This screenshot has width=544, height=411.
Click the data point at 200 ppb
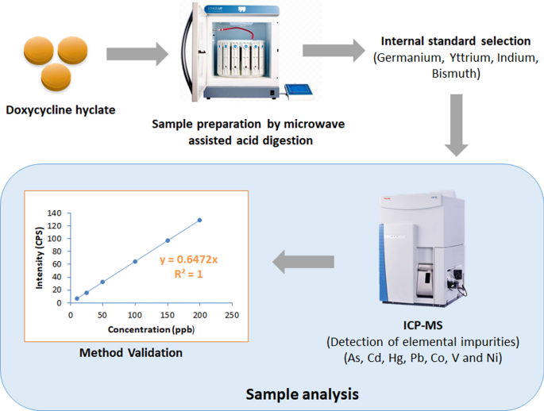(199, 220)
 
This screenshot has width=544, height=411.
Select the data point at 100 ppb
(135, 261)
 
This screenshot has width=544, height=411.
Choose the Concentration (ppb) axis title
(141, 328)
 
